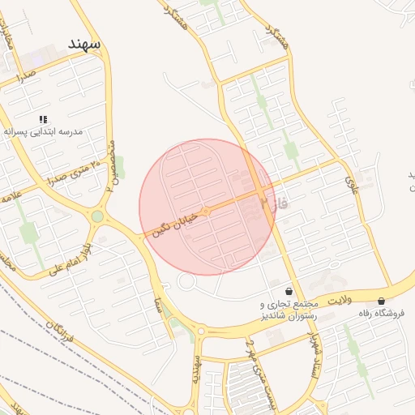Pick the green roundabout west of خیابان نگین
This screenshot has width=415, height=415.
click(97, 216)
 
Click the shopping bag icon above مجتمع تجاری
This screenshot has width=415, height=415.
click(289, 291)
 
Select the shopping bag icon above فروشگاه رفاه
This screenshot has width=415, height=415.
click(381, 301)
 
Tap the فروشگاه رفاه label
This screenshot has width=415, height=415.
click(383, 312)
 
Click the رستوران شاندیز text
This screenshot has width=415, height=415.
click(285, 315)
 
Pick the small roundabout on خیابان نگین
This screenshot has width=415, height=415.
click(206, 211)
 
